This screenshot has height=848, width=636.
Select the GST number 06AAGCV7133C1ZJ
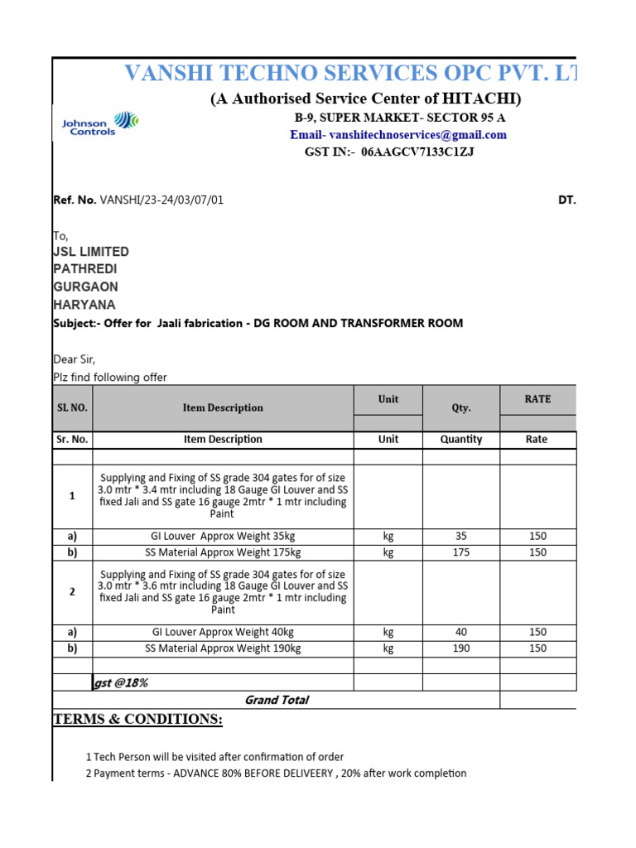click(417, 152)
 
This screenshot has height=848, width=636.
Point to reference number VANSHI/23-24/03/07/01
click(161, 200)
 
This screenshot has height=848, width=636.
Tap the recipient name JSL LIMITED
click(91, 251)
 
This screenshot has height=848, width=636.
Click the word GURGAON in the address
click(85, 287)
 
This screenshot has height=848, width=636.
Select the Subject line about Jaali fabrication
click(258, 323)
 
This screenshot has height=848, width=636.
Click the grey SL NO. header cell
click(72, 407)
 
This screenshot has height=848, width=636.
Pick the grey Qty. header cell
click(461, 407)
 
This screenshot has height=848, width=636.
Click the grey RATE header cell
click(537, 399)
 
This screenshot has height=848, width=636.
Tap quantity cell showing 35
click(461, 537)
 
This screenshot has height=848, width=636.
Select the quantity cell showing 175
click(461, 552)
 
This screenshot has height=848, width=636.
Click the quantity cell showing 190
click(461, 648)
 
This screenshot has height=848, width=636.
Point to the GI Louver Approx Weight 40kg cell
click(223, 633)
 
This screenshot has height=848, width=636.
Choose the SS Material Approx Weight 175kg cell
click(223, 552)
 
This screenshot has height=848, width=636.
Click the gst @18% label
click(121, 682)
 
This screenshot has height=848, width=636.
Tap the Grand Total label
click(277, 700)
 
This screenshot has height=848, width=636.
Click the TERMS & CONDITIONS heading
click(137, 719)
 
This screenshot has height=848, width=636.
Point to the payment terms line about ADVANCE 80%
click(276, 773)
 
